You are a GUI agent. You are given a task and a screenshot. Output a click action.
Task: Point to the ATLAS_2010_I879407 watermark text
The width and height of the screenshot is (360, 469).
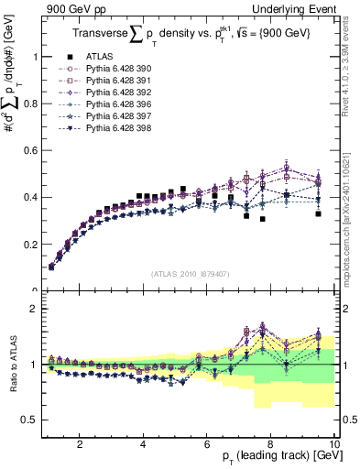point(190,274)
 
